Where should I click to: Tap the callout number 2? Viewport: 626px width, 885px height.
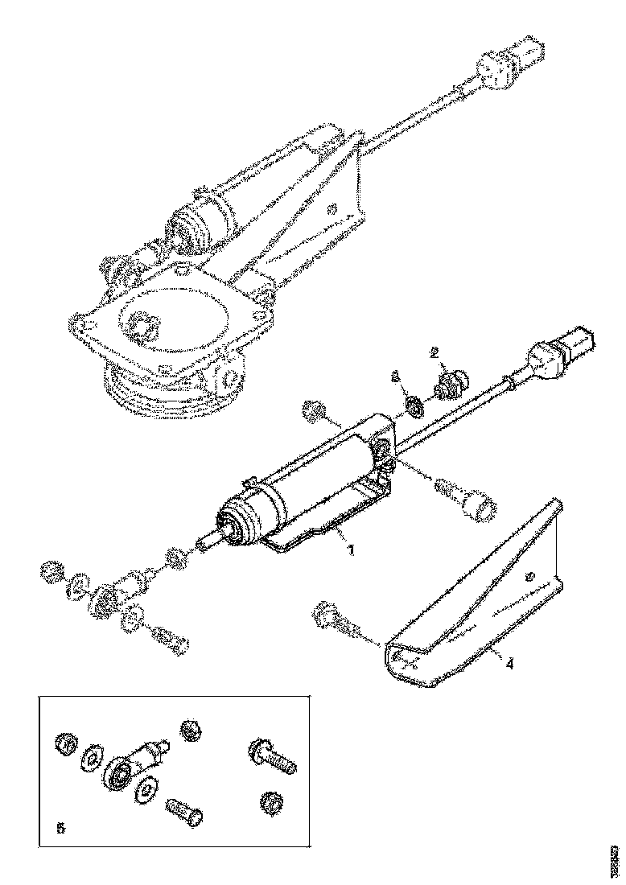(x=434, y=352)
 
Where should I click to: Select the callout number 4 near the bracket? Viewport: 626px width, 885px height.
(x=509, y=664)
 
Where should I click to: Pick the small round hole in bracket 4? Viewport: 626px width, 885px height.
(x=529, y=578)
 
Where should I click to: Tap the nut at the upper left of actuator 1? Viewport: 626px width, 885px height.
(x=313, y=412)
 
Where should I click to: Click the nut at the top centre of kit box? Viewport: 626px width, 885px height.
(x=192, y=731)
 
